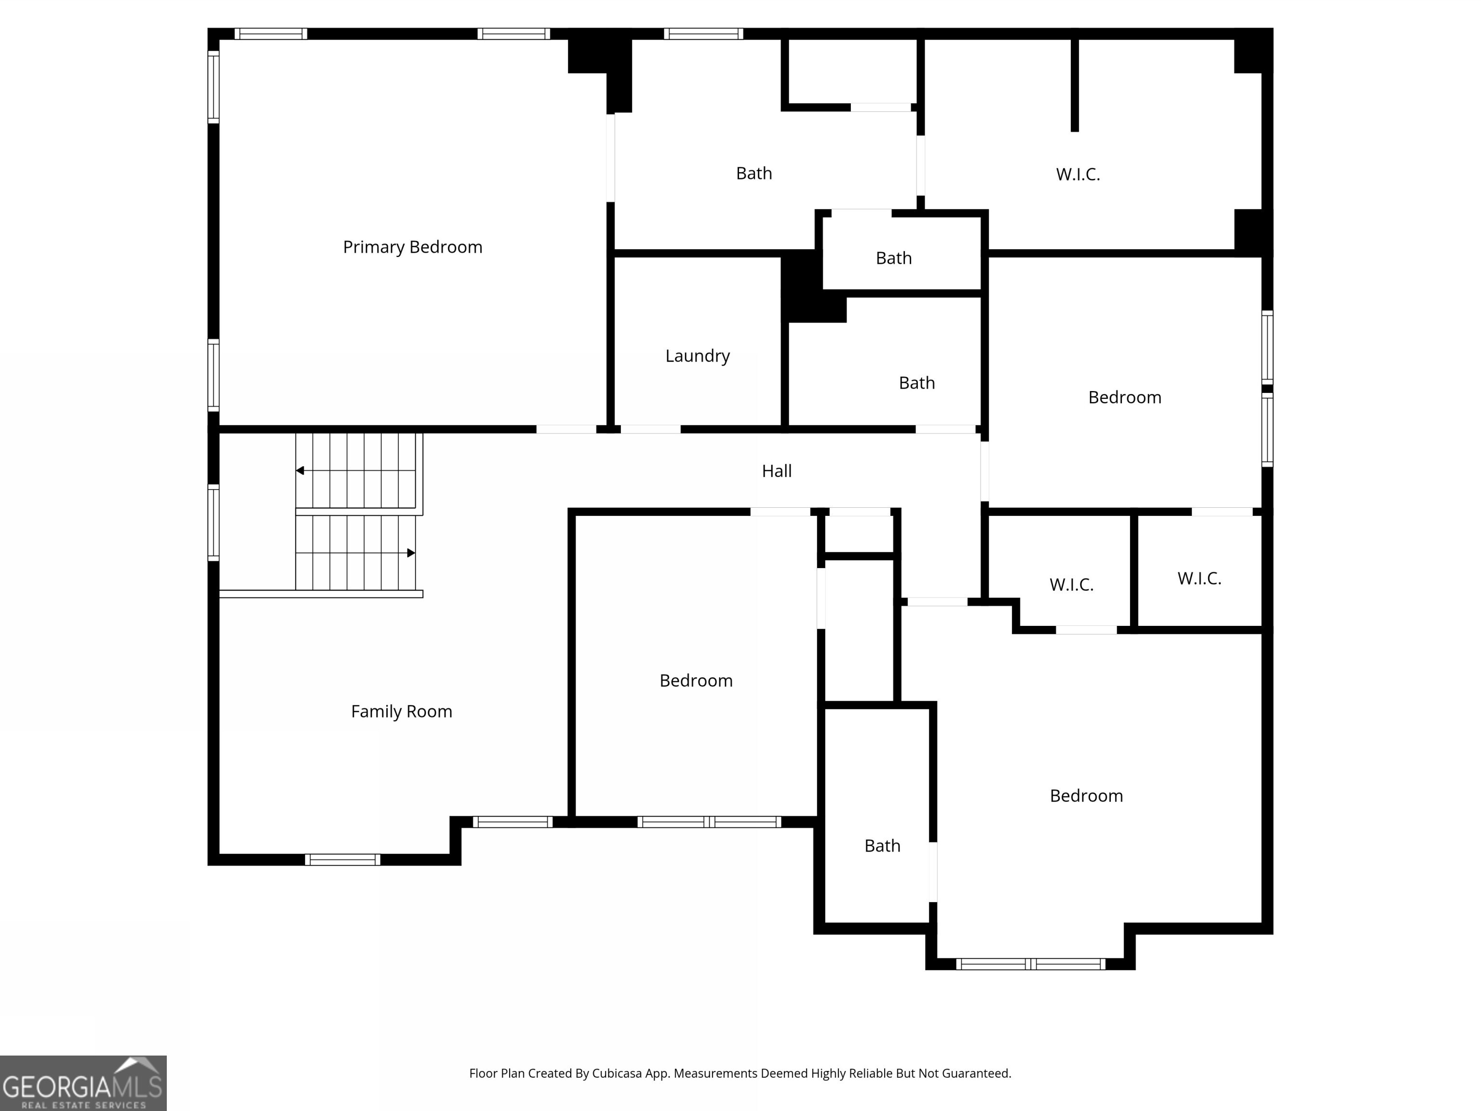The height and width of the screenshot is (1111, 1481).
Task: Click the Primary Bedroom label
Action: pyautogui.click(x=412, y=247)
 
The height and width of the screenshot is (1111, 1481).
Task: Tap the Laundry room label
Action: pyautogui.click(x=697, y=355)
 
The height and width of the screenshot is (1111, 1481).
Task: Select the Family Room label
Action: pyautogui.click(x=401, y=711)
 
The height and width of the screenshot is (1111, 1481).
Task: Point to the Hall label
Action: pyautogui.click(x=777, y=471)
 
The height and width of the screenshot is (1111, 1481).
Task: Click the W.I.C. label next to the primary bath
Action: pyautogui.click(x=1077, y=174)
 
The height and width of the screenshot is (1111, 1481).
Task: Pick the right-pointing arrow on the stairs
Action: pyautogui.click(x=411, y=553)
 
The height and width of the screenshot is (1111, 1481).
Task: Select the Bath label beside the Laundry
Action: pyautogui.click(x=916, y=383)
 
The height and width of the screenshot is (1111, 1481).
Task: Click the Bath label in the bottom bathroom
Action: pyautogui.click(x=882, y=846)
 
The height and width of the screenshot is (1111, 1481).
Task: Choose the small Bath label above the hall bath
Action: pyautogui.click(x=893, y=258)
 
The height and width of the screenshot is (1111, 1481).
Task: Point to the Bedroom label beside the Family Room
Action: pyautogui.click(x=696, y=680)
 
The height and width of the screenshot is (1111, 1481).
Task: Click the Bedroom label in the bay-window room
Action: pyautogui.click(x=1086, y=796)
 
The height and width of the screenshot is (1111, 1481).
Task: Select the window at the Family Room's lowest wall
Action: pyautogui.click(x=343, y=859)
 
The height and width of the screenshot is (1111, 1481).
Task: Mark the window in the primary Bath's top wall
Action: pyautogui.click(x=703, y=33)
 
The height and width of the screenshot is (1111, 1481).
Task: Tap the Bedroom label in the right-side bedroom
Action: pyautogui.click(x=1124, y=397)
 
